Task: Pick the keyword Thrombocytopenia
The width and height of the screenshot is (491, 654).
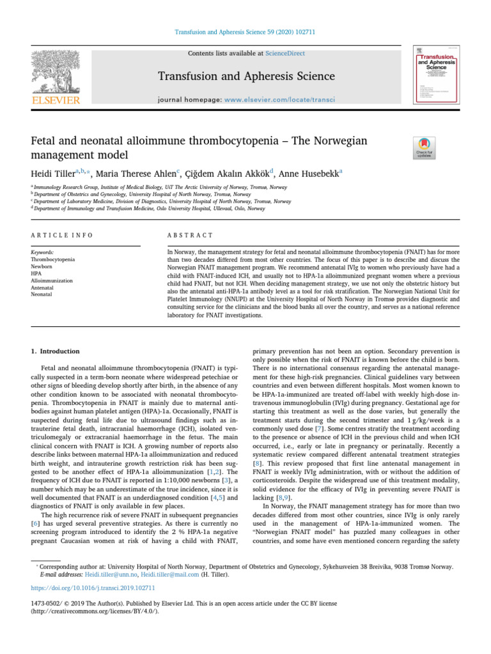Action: pos(53,260)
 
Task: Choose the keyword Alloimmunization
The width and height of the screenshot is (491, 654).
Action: pos(52,281)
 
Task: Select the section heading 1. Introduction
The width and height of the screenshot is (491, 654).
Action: pos(56,351)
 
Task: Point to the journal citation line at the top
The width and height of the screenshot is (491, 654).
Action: pos(245,14)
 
